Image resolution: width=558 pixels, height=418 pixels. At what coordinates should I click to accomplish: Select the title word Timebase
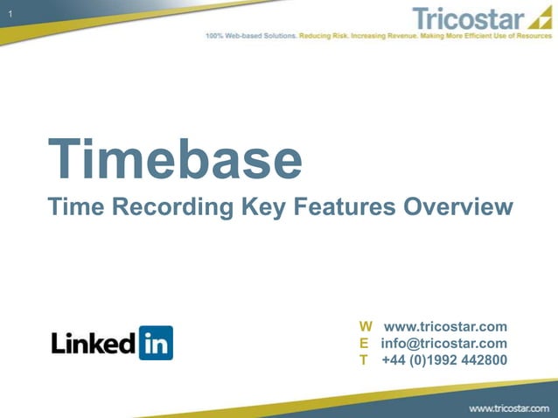[175, 159]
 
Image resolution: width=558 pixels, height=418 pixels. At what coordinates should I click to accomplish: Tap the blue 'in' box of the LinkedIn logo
[156, 343]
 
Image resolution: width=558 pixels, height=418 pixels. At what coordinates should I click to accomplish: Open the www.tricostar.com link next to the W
[445, 327]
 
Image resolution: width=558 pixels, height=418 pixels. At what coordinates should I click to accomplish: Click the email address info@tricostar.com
[443, 343]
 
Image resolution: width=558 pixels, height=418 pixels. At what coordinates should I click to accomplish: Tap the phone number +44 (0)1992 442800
[444, 359]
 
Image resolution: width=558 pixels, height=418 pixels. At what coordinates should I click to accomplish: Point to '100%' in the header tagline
[214, 37]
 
